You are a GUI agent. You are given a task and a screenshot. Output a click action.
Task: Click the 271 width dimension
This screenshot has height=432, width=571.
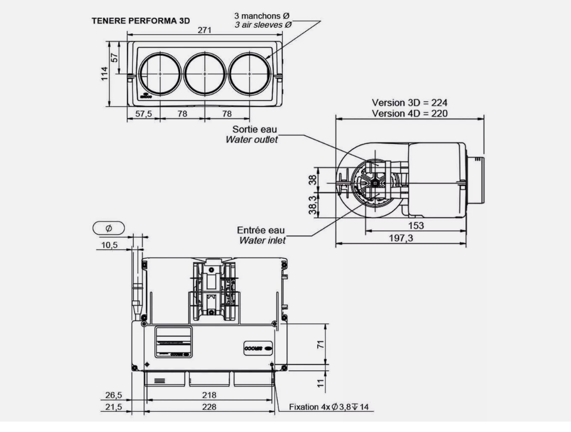(205, 32)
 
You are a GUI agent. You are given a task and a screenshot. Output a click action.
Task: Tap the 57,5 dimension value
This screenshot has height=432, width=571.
(143, 114)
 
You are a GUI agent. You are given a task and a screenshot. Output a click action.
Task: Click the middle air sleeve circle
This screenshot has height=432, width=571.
(204, 74)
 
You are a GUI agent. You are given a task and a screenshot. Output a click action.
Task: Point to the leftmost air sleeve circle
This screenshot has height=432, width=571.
(159, 74)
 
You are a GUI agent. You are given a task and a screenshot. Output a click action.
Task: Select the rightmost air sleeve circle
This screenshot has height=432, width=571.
(249, 74)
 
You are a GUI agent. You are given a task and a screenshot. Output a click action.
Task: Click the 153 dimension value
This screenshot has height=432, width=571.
(415, 225)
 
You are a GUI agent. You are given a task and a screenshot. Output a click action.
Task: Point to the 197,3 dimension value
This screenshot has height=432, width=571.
(401, 237)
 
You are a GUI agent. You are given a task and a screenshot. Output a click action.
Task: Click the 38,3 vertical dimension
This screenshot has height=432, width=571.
(312, 205)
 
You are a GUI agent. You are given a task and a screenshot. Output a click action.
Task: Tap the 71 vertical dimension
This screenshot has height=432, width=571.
(321, 343)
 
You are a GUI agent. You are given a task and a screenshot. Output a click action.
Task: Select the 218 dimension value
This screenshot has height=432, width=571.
(208, 394)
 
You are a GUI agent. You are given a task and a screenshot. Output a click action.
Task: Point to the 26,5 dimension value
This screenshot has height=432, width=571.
(114, 395)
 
